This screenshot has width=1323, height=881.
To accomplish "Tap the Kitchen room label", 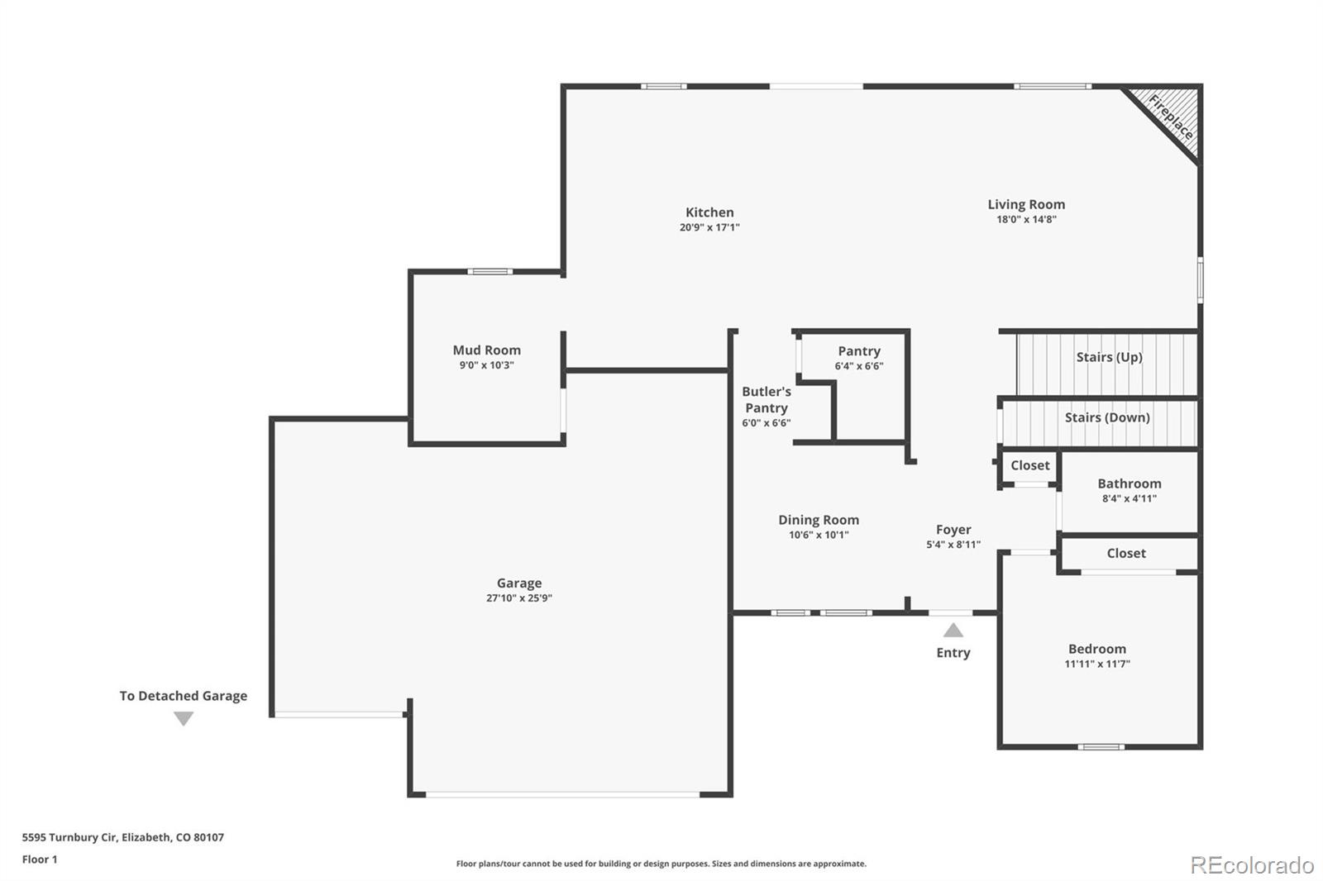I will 709,212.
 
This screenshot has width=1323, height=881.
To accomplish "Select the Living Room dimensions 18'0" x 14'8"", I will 1026,220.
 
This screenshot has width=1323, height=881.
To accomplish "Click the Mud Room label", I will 486,350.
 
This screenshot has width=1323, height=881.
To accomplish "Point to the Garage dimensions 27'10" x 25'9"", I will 518,598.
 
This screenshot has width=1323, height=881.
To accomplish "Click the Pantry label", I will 859,351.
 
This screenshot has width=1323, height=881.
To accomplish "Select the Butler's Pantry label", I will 767,400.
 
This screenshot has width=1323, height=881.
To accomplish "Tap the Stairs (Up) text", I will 1109,357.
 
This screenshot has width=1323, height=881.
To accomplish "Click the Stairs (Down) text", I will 1107,417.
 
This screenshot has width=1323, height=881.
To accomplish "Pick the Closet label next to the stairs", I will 1029,465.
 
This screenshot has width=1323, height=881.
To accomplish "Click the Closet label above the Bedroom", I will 1126,554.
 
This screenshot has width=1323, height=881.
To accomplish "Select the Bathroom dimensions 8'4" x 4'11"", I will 1129,499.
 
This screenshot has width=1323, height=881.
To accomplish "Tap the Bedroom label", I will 1096,650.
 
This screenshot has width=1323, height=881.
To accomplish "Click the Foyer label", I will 953,530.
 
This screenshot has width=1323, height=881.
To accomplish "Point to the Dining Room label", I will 818,520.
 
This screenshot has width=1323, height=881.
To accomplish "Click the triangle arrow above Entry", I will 953,631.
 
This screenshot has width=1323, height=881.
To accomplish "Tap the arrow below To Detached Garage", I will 184,719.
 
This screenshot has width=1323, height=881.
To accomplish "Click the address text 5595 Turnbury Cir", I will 122,837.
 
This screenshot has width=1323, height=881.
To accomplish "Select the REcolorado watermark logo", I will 1252,865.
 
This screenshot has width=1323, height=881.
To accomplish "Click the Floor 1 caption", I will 40,860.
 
